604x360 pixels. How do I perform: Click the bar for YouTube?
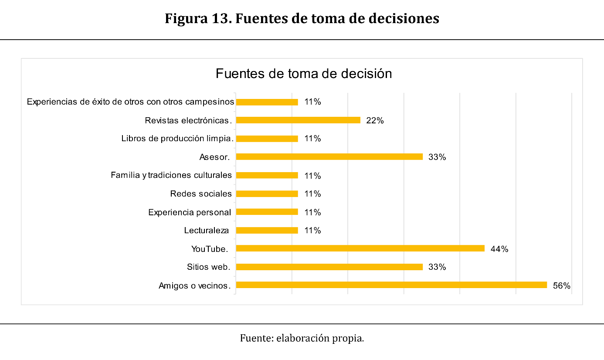tap(360, 248)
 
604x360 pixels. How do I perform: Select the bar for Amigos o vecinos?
tap(391, 285)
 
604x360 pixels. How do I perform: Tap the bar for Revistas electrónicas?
tap(298, 120)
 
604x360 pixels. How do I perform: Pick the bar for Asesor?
tap(329, 157)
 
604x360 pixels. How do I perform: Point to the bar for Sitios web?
tap(329, 267)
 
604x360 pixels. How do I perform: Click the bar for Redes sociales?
tap(267, 194)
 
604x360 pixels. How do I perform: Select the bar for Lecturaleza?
tap(267, 231)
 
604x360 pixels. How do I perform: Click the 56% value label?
tap(561, 286)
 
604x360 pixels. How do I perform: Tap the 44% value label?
tap(499, 249)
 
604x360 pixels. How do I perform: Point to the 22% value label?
tap(375, 121)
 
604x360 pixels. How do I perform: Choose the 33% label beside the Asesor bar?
tap(437, 157)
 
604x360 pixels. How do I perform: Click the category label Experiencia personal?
tap(190, 212)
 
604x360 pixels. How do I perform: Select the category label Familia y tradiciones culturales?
tap(171, 175)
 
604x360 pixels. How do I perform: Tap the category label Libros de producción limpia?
tap(178, 139)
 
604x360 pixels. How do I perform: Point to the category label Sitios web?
tap(208, 267)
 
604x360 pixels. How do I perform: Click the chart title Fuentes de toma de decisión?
tap(304, 74)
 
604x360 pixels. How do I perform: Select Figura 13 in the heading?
tap(197, 19)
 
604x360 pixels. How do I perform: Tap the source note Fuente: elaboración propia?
tap(302, 338)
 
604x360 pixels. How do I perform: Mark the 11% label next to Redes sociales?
tap(312, 194)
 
